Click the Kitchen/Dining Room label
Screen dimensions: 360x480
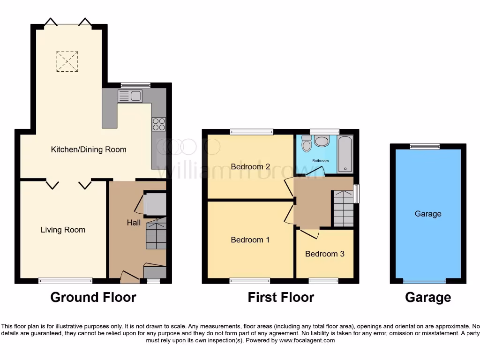(x=89, y=150)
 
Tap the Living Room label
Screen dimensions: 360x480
(x=63, y=230)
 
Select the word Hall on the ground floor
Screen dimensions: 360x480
(x=134, y=223)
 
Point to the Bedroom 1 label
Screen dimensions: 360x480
(x=250, y=240)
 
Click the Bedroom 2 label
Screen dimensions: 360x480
(x=250, y=166)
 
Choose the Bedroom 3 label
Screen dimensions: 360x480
(x=324, y=254)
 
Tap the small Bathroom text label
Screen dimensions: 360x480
(x=321, y=161)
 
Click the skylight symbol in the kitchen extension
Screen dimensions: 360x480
(x=66, y=61)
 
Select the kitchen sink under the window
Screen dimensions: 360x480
(x=131, y=96)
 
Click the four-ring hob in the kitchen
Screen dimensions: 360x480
(x=159, y=124)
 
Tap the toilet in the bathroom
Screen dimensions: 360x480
(x=307, y=144)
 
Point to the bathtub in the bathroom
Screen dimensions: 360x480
(x=345, y=154)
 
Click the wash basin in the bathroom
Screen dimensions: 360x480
(x=322, y=141)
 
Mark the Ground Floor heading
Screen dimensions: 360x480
(x=93, y=297)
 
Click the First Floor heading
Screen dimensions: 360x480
(x=281, y=297)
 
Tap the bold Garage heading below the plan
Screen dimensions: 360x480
(x=428, y=297)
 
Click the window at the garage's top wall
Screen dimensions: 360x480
(x=425, y=147)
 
